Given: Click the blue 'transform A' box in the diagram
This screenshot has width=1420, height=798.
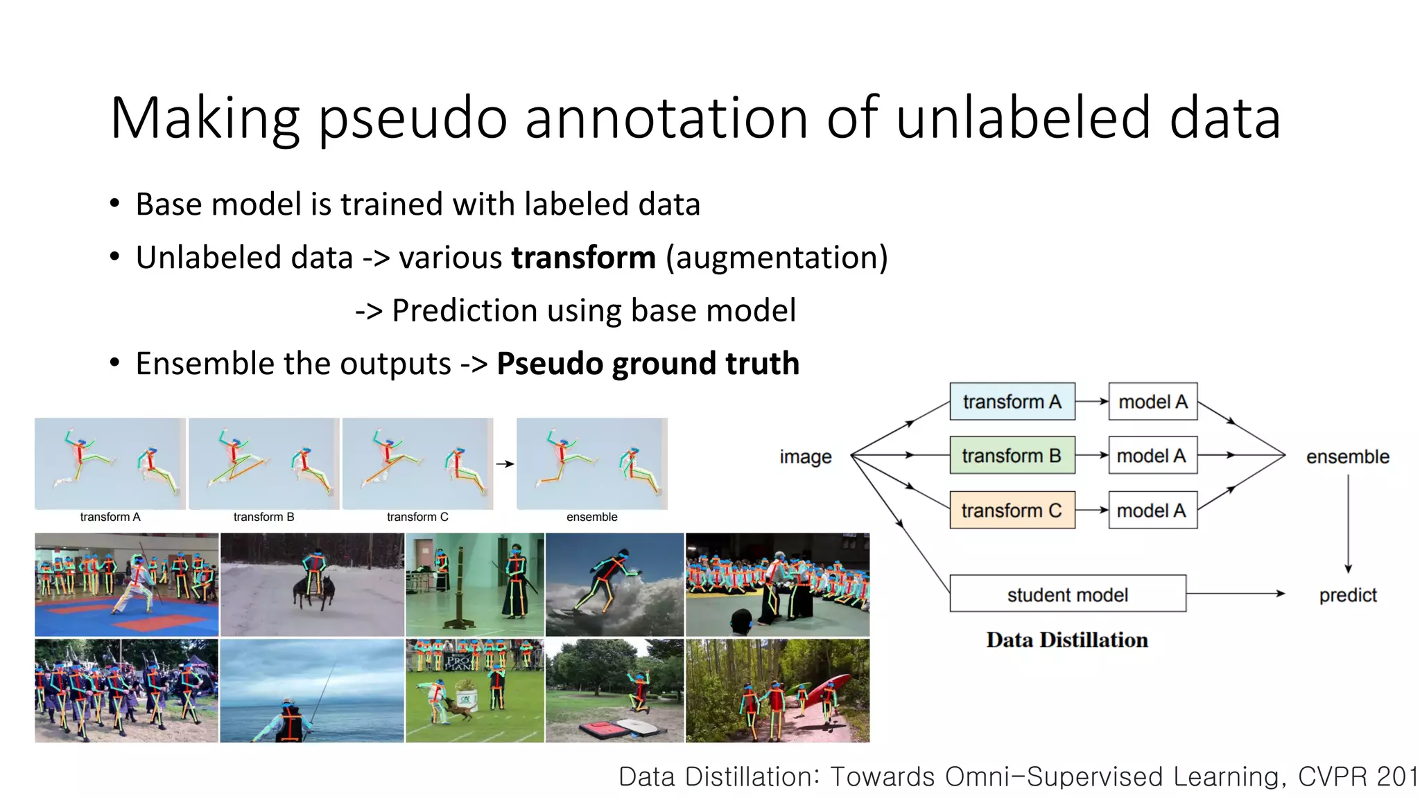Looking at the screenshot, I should click(1012, 402).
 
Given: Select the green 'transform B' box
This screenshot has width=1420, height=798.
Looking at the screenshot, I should click(1012, 456).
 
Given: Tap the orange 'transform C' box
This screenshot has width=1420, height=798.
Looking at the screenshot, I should click(1012, 511).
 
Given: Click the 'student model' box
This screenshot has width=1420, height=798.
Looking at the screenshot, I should click(1067, 594).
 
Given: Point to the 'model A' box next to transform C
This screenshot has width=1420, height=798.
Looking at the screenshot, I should click(1152, 511).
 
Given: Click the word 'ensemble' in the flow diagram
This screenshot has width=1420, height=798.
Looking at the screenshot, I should click(1347, 457).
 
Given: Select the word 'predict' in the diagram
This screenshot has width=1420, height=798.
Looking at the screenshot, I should click(1347, 595).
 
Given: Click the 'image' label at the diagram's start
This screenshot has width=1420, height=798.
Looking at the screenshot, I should click(805, 457).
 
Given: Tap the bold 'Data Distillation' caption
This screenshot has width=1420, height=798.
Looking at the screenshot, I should click(1066, 640).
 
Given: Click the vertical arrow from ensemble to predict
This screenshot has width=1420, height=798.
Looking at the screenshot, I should click(1348, 523).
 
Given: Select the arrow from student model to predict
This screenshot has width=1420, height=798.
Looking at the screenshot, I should click(1236, 594).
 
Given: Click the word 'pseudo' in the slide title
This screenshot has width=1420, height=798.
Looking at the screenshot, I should click(413, 119).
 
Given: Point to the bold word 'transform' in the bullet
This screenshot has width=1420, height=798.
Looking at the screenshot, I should click(583, 258).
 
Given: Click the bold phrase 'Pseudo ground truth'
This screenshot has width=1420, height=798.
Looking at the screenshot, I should click(648, 364).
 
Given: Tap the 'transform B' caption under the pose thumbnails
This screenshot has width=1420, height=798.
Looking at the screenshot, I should click(263, 517).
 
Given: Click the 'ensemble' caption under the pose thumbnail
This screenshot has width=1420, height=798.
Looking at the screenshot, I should click(591, 517).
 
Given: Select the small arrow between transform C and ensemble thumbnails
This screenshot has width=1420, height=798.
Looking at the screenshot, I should click(505, 464).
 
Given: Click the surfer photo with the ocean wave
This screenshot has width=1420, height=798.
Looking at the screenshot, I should click(614, 585).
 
